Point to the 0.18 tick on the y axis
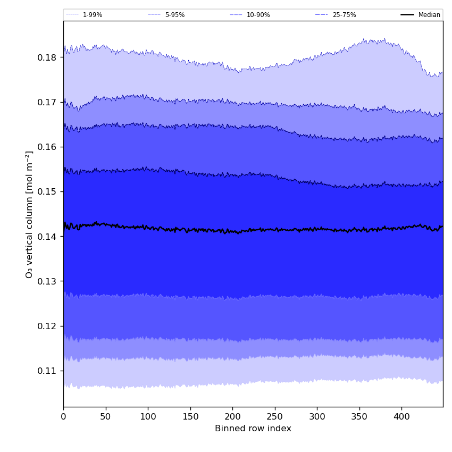point(47,57)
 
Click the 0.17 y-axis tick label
point(47,102)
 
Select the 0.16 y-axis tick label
point(47,147)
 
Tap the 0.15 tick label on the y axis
point(47,191)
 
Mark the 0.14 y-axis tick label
point(47,237)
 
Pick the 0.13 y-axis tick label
point(47,281)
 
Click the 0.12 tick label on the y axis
point(47,326)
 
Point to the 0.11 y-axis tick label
point(47,371)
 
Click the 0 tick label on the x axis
point(63,417)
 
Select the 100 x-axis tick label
point(148,417)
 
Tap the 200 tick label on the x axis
point(232,417)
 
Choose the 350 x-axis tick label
point(359,417)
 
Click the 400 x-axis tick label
point(401,417)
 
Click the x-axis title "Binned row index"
point(253,429)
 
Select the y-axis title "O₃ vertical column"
point(29,214)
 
